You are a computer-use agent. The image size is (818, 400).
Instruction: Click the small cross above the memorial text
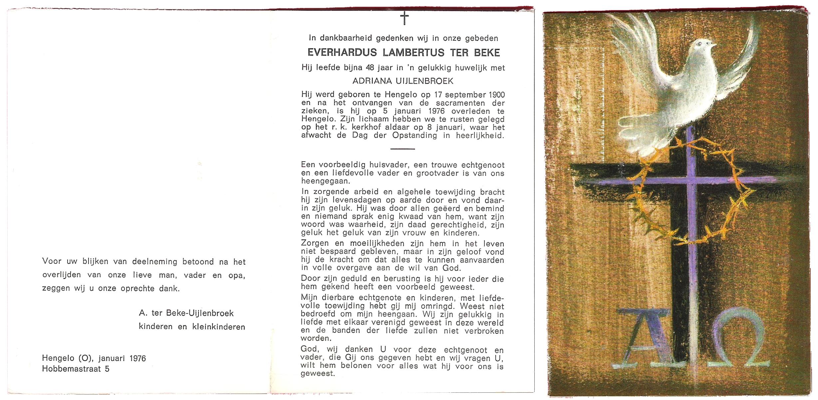404,18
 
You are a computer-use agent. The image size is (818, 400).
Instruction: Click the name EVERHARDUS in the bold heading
342,53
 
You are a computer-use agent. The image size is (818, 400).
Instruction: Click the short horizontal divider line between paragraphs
403,149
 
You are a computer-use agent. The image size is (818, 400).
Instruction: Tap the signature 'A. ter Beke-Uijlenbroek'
186,313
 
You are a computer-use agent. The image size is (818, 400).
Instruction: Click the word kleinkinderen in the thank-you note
218,327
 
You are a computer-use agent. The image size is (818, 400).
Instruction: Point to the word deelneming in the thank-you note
154,262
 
